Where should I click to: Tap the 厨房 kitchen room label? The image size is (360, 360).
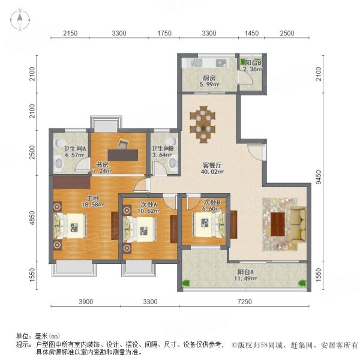[209, 77]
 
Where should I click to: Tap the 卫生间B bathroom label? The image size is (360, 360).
[162, 149]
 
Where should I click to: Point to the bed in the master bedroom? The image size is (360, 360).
[68, 227]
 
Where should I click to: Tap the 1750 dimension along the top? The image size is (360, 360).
[164, 32]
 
